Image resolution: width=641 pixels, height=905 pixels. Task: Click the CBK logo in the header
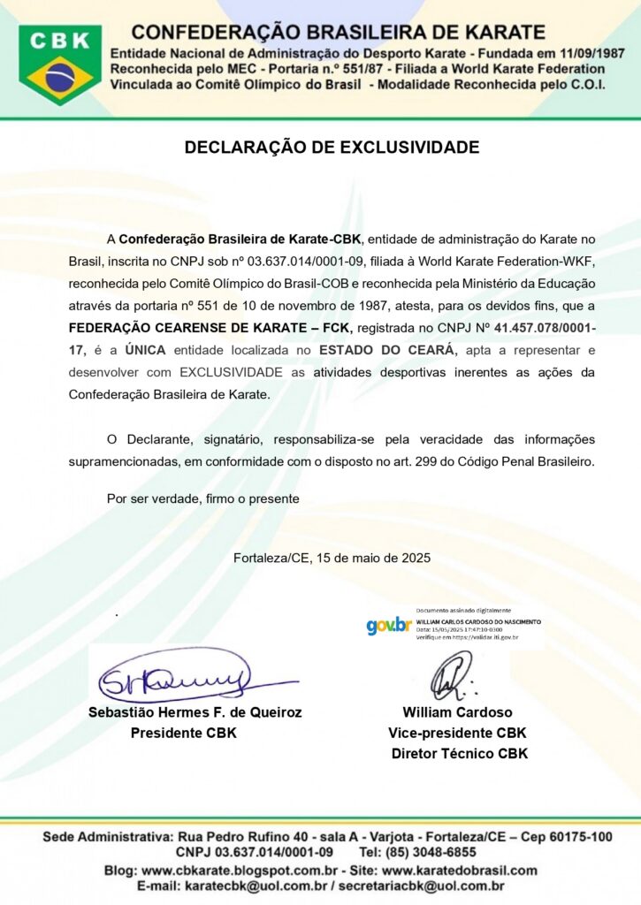(x=60, y=65)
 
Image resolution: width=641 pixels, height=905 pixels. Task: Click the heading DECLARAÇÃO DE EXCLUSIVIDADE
(x=332, y=148)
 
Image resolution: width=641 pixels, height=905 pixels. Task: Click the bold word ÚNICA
(x=145, y=350)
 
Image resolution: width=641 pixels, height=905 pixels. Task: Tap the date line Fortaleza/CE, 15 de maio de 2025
(x=332, y=558)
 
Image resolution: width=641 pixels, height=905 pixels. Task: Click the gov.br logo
(x=388, y=626)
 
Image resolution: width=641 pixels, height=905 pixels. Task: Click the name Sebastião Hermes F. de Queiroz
(x=195, y=712)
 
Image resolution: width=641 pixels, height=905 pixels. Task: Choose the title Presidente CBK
(x=183, y=733)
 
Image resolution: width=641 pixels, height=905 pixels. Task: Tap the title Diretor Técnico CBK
(x=459, y=754)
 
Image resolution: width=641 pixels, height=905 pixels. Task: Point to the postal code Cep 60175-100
(x=567, y=836)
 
